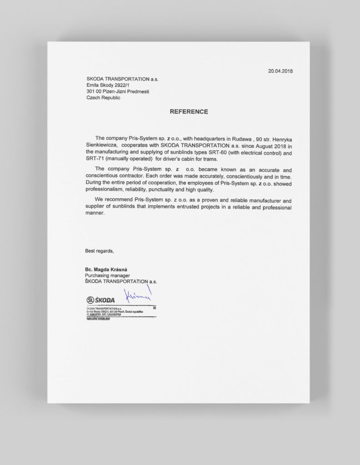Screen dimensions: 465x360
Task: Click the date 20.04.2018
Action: (280, 71)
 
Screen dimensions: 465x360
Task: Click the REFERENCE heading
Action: (189, 112)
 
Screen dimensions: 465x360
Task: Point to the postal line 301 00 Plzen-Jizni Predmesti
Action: (117, 91)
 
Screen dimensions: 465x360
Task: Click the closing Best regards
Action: (100, 251)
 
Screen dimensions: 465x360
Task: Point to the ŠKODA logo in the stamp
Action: (101, 300)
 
